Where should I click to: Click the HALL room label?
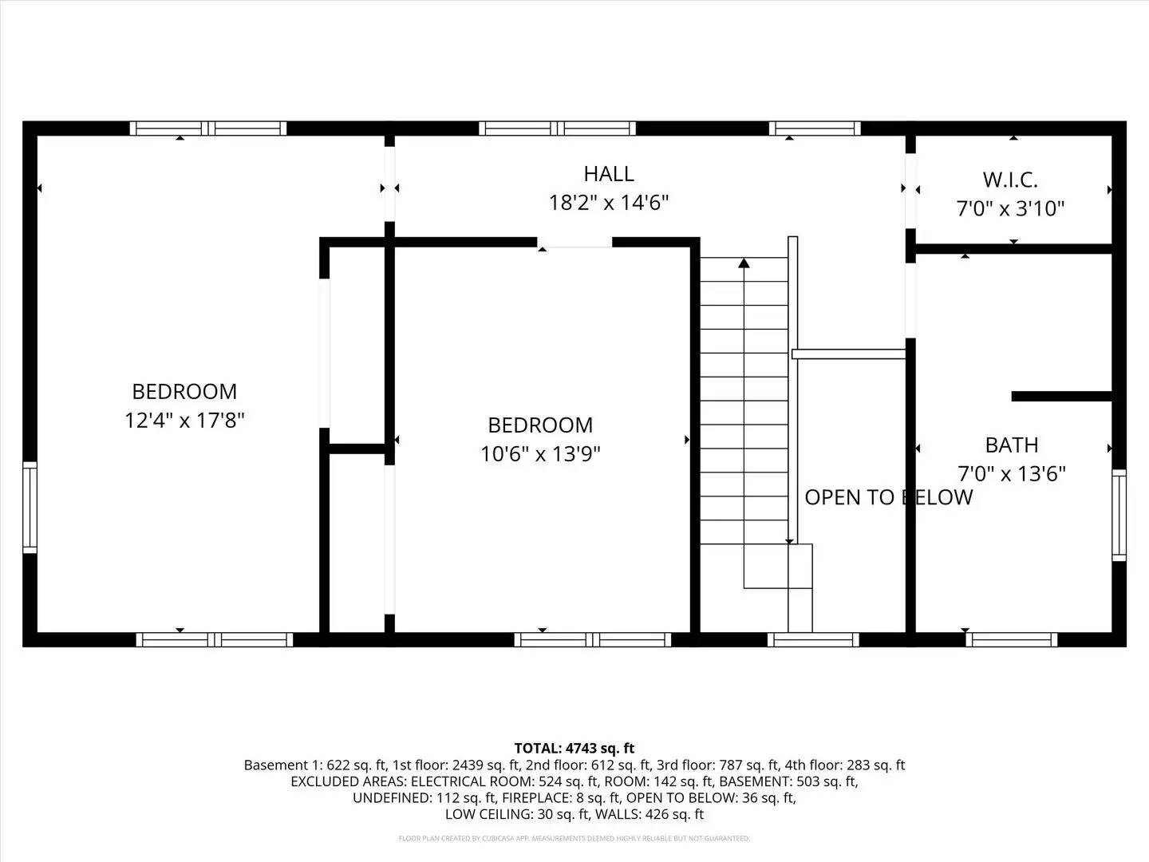[608, 173]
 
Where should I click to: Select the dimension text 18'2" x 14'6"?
[608, 203]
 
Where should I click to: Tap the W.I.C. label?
[1010, 179]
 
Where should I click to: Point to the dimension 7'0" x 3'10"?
[1010, 208]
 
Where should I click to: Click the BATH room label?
[1011, 445]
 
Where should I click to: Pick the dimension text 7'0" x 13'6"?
[1011, 474]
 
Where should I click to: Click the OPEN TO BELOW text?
[888, 497]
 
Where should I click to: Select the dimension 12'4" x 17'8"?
[184, 420]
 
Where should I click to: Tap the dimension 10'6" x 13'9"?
[540, 454]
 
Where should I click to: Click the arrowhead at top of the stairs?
[744, 262]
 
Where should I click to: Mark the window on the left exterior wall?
[30, 507]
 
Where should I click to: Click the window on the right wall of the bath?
[1119, 515]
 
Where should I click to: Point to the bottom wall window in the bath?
[1011, 639]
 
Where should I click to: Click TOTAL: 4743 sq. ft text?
[574, 748]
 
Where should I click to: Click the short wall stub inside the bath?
[1061, 396]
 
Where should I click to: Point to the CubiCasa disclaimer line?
[574, 839]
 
